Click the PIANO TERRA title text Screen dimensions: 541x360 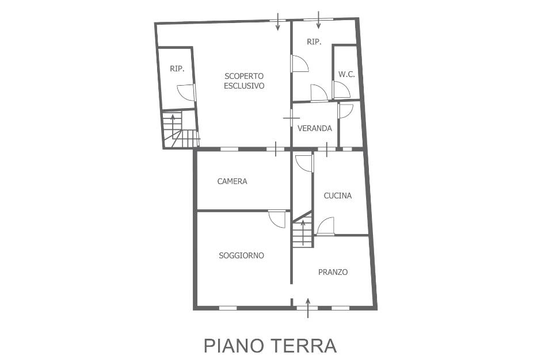[270, 346]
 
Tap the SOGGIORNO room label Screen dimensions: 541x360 [242, 255]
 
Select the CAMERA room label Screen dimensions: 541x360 [232, 181]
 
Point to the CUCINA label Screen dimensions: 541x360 [338, 196]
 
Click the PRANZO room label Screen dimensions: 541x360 [333, 272]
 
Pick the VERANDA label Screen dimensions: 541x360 [315, 128]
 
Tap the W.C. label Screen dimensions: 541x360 [346, 74]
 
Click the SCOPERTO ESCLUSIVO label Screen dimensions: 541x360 [244, 81]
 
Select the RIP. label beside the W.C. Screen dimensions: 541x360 [314, 42]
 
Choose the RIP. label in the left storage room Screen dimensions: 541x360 [177, 68]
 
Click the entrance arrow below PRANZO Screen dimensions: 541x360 [308, 308]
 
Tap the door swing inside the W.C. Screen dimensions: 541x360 [342, 90]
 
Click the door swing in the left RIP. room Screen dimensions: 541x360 [186, 93]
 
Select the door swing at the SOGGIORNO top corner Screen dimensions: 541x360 [277, 219]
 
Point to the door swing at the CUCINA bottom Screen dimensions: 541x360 [326, 226]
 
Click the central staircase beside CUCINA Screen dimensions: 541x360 [303, 229]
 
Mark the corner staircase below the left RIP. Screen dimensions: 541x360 [181, 129]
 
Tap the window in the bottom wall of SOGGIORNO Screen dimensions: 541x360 [228, 308]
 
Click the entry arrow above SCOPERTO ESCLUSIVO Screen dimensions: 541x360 [278, 22]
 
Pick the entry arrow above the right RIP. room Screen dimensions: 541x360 [318, 20]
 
